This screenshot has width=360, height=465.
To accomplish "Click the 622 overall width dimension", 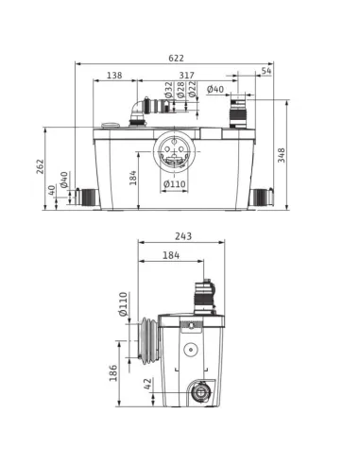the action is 176,59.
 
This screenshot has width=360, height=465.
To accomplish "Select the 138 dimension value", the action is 114,76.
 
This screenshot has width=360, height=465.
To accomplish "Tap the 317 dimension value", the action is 187,76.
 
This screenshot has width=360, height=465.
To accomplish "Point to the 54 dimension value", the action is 266,71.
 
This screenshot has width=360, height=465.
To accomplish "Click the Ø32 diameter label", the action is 169,90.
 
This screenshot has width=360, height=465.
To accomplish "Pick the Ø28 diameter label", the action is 180,90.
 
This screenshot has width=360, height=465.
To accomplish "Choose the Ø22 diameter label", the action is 192,89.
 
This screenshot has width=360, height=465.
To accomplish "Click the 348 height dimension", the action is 281,155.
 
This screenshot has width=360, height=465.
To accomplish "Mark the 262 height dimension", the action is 41,166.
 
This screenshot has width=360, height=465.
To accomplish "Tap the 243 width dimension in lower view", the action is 183,236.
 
